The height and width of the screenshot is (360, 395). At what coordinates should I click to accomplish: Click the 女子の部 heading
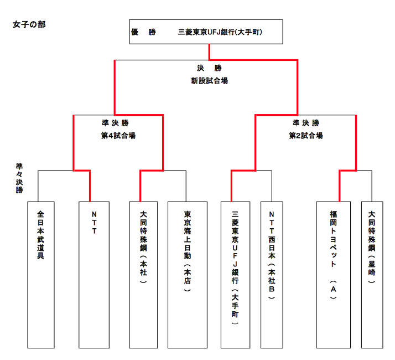pos(29,26)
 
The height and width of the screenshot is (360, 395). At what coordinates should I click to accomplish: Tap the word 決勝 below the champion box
pos(209,69)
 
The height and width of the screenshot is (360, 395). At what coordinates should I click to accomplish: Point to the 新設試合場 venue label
pos(209,81)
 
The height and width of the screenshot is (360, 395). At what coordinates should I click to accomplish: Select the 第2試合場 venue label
pos(306,136)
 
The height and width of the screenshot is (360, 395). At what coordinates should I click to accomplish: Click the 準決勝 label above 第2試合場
pos(306,123)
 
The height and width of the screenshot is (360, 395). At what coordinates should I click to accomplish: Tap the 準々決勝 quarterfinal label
pos(20,178)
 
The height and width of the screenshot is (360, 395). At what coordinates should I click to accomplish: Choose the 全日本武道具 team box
pos(41,274)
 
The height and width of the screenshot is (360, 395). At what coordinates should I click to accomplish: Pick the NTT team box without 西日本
pos(94,274)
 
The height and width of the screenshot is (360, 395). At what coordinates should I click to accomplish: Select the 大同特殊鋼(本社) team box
pos(143,274)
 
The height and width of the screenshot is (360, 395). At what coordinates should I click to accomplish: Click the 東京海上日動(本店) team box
pos(186,274)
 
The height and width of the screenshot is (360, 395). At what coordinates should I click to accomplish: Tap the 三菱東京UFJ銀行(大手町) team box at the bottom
pos(235,274)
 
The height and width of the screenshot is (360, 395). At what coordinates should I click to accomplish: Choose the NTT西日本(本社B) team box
pos(272,274)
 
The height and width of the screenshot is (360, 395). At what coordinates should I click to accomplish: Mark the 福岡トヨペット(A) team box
pos(333,274)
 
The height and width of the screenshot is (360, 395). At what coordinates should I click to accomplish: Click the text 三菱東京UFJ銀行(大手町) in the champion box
pos(220,33)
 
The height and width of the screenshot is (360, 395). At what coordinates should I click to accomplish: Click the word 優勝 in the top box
pos(143,33)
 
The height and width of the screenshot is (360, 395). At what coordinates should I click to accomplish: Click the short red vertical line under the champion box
pos(209,52)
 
